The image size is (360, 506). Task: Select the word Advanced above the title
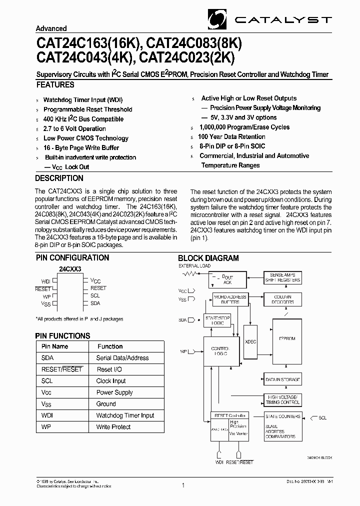[x=51, y=28]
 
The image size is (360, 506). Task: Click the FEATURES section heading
[x=55, y=85]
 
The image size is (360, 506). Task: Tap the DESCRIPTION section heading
[x=59, y=178]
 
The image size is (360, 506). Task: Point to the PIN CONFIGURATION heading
[x=72, y=258]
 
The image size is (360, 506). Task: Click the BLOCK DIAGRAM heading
[x=208, y=258]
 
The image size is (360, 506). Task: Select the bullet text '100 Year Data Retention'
[x=231, y=137]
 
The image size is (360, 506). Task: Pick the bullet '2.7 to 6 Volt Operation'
[x=74, y=128]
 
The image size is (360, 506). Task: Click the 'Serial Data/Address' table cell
[x=122, y=358]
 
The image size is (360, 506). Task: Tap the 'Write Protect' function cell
[x=113, y=427]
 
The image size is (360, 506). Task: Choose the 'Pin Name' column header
[x=55, y=346]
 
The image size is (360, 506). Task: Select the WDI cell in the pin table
[x=47, y=415]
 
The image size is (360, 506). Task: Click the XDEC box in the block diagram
[x=250, y=341]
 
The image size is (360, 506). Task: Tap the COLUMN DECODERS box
[x=282, y=299]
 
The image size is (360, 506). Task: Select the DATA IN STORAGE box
[x=283, y=380]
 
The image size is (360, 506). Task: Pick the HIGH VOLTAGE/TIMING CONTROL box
[x=282, y=399]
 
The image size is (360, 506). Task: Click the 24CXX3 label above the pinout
[x=70, y=269]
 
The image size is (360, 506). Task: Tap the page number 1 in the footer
[x=183, y=485]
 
